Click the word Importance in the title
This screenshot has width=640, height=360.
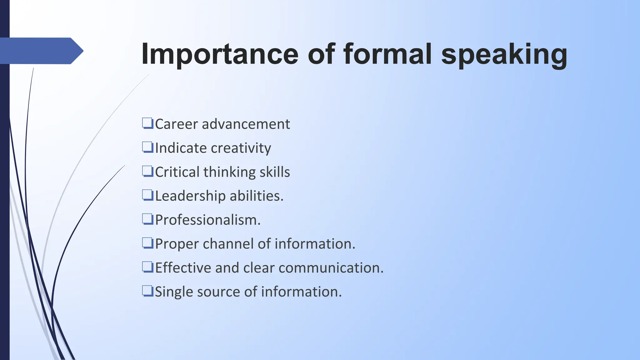[x=220, y=54]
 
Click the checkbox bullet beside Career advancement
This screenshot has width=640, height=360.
[x=147, y=123]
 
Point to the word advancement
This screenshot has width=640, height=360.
[x=246, y=124]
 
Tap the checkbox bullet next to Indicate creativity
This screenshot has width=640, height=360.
[x=147, y=147]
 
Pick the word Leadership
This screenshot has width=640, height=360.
[x=190, y=196]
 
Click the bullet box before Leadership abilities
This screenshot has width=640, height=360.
[x=147, y=195]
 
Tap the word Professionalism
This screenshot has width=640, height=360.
[x=207, y=220]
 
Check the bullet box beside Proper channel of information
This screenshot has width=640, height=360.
[x=147, y=243]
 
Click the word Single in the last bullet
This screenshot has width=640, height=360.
[x=174, y=292]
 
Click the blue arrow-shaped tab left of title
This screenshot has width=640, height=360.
[x=41, y=51]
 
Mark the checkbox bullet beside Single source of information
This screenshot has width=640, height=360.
[x=147, y=291]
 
